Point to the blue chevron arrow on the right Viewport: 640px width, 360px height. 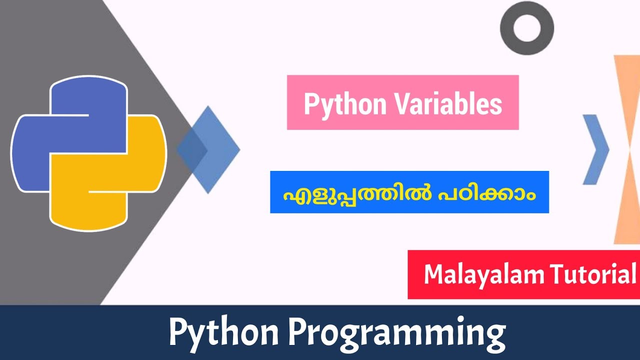(596, 149)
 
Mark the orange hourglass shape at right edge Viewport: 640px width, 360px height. (628, 150)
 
